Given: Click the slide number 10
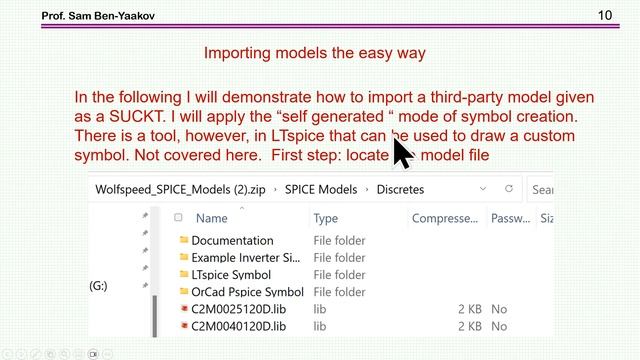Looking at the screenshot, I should (605, 15).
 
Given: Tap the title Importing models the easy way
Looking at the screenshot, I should (316, 53).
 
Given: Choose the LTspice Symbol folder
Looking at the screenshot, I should (231, 274).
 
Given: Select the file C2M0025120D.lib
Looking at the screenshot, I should (238, 309).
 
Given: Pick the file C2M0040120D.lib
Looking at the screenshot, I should (238, 326).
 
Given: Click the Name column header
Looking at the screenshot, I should (212, 217).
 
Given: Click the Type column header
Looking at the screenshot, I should (326, 217).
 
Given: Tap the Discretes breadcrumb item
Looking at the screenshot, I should (401, 188).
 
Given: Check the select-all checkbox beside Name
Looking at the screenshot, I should (178, 217).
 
